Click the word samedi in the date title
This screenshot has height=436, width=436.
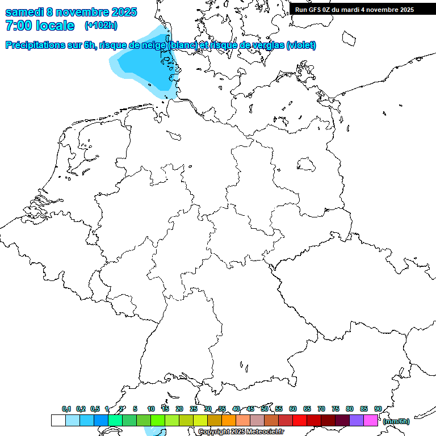pos(24,11)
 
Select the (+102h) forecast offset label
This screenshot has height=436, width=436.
pos(100,26)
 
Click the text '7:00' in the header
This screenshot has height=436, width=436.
pos(18,26)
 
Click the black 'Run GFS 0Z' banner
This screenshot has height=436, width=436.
pos(354,10)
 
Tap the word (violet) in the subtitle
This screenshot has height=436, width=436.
pos(301,45)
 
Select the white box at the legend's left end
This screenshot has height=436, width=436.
pos(58,420)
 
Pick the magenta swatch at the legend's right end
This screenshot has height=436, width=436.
pos(371,420)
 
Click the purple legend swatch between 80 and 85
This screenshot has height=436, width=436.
pos(357,420)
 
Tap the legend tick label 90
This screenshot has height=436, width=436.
pos(378,409)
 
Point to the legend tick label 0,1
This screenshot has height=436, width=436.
pos(66,409)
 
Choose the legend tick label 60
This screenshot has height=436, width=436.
pos(293,409)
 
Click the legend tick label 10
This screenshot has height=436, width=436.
pos(151,409)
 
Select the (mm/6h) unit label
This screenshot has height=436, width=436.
pos(396,421)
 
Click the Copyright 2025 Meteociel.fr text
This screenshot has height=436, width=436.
pos(241,431)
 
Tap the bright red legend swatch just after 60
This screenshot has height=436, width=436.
pos(300,420)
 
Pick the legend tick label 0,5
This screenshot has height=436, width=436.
pos(94,409)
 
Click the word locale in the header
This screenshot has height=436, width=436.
pos(55,26)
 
